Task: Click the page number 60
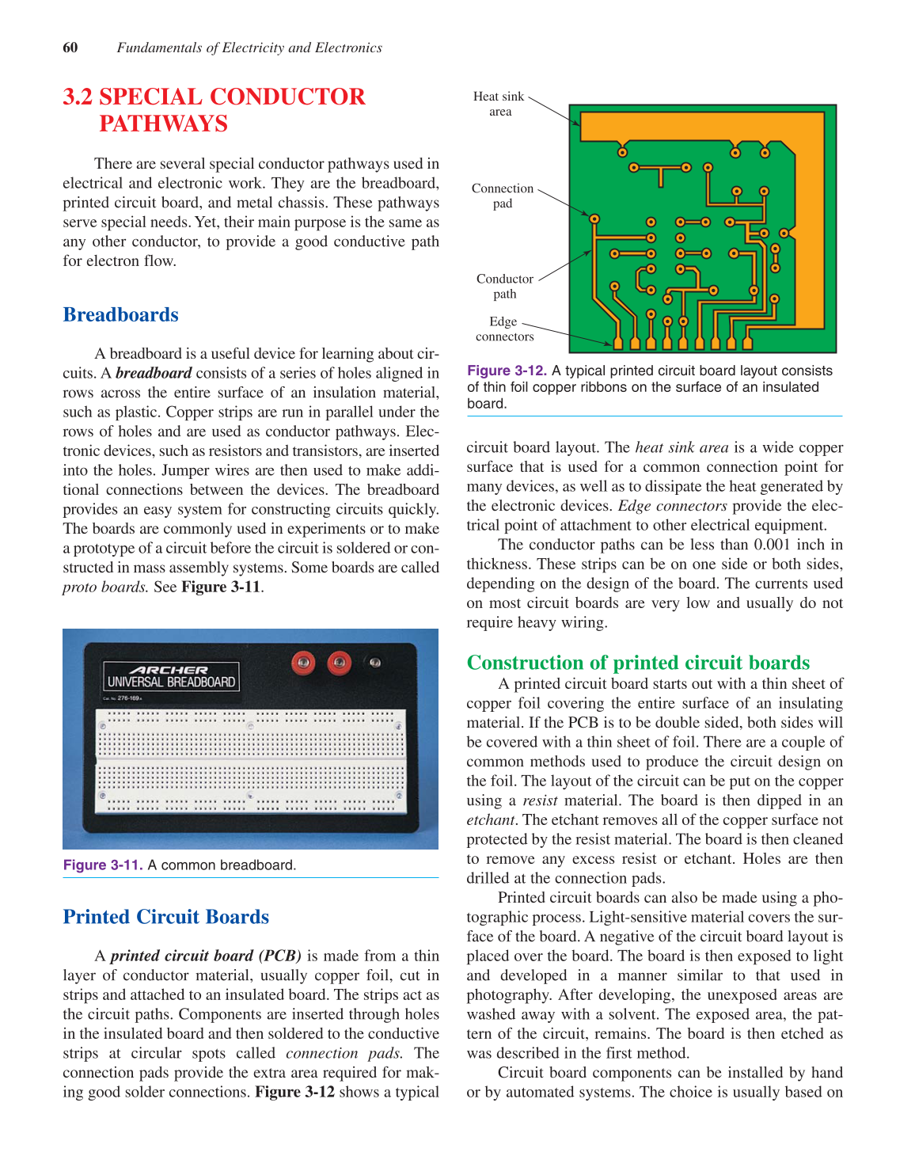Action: [70, 48]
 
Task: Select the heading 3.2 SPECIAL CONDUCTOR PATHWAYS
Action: [214, 109]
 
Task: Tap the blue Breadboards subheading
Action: [120, 315]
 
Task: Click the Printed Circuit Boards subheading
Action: [166, 917]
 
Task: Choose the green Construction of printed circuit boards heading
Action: [638, 663]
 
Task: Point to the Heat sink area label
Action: [499, 104]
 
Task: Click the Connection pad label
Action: [503, 196]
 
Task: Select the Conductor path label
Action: [505, 286]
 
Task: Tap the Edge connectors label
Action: [504, 329]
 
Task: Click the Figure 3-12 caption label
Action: [507, 371]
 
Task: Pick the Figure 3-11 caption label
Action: [103, 865]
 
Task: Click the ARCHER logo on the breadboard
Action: [168, 670]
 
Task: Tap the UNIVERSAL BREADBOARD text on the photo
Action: [171, 682]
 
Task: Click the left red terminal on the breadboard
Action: [303, 663]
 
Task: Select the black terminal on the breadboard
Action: [374, 662]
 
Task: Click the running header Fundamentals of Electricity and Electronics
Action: [249, 48]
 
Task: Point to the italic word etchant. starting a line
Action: [492, 820]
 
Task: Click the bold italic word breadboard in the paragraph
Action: [154, 373]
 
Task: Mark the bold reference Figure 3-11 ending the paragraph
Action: [221, 587]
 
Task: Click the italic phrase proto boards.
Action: [105, 587]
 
